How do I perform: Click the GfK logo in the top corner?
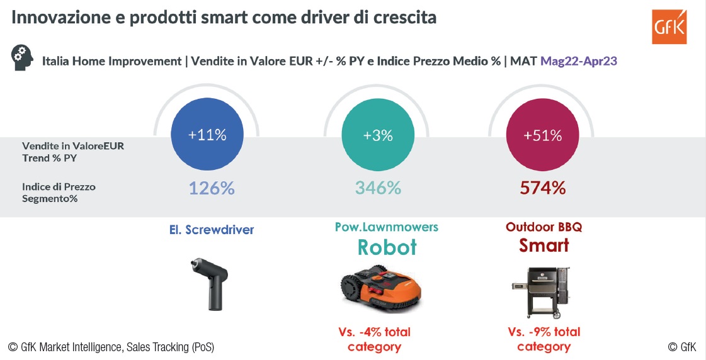click(669, 26)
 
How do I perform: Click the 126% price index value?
click(212, 188)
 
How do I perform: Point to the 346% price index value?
click(378, 188)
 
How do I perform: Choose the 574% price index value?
click(543, 188)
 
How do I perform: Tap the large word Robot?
click(387, 247)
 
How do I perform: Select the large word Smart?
click(544, 245)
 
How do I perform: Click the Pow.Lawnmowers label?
click(387, 227)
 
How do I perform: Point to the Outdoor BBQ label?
click(544, 227)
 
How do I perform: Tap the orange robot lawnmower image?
click(379, 289)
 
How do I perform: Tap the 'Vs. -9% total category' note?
click(544, 339)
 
